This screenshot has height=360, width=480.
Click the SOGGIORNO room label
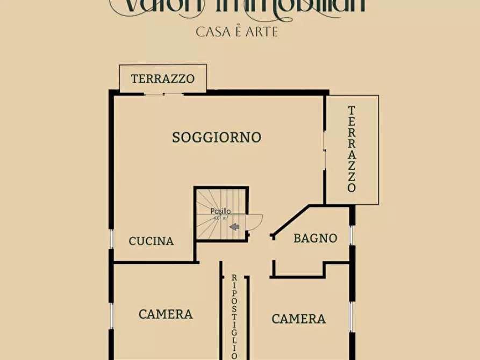[x=217, y=138]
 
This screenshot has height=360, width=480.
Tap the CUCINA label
[x=151, y=241]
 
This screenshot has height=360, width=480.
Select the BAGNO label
[x=315, y=238]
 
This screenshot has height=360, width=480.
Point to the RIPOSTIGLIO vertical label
[x=234, y=316]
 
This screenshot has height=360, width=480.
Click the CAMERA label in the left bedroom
[x=166, y=314]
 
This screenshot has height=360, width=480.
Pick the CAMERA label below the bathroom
[x=298, y=319]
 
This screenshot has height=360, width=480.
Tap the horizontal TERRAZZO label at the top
[x=162, y=79]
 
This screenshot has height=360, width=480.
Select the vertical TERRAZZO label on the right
[x=352, y=149]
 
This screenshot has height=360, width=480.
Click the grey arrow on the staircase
[x=234, y=227]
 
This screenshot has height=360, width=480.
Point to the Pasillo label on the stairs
[x=220, y=212]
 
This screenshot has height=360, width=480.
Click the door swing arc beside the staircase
[x=255, y=221]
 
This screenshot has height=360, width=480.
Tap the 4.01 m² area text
[x=220, y=218]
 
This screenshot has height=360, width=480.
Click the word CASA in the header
[x=213, y=32]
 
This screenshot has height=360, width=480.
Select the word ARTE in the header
[x=260, y=32]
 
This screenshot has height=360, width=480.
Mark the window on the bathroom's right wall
[x=352, y=235]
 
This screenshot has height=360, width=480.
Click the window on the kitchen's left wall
[x=112, y=239]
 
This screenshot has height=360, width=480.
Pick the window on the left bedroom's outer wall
[x=112, y=316]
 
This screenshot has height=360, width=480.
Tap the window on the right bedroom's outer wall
[x=352, y=317]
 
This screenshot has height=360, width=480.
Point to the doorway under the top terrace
[x=164, y=93]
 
